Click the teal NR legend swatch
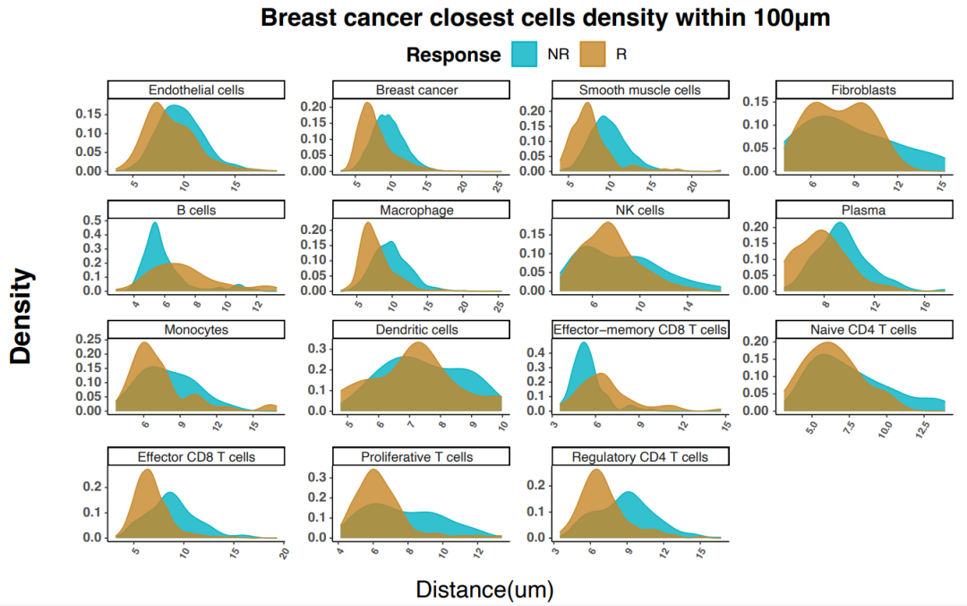tap(525, 54)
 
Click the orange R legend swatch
tap(594, 54)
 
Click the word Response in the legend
tap(453, 55)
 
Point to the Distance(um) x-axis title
tap(484, 589)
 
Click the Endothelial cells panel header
tap(196, 90)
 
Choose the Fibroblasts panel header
tap(863, 90)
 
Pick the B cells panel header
tap(196, 210)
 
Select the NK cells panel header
tap(640, 210)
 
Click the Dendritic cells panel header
tap(417, 330)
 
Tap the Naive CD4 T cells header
tap(863, 330)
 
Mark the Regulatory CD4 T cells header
tap(640, 457)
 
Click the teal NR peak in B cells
tap(155, 224)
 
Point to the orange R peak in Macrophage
tap(368, 224)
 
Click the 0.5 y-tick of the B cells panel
tap(92, 219)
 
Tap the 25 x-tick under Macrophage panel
tap(498, 307)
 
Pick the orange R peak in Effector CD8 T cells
tap(147, 472)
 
